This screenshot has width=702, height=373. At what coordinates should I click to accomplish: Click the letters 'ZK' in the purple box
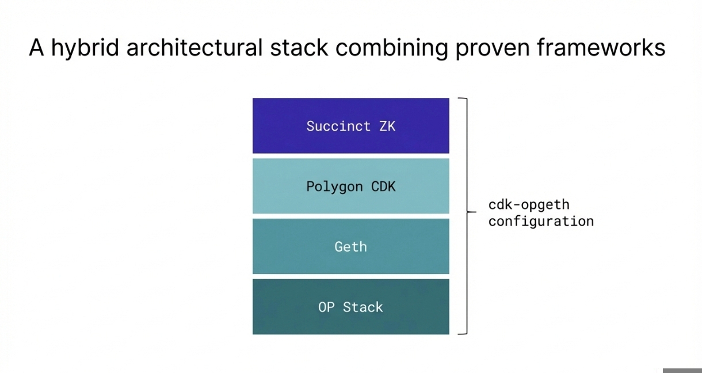[x=387, y=126]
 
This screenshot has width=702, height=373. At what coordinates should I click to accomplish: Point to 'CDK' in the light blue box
[x=382, y=186]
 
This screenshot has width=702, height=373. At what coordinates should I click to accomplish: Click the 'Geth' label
[x=350, y=247]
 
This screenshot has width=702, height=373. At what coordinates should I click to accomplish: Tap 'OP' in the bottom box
[x=326, y=307]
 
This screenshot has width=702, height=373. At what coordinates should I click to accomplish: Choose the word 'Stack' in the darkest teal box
[x=363, y=307]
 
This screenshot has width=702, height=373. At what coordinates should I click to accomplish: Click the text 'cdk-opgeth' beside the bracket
[x=529, y=205]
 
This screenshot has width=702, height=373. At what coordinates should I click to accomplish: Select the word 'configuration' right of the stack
[x=541, y=221]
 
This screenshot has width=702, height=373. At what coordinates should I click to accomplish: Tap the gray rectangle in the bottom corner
[x=682, y=370]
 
